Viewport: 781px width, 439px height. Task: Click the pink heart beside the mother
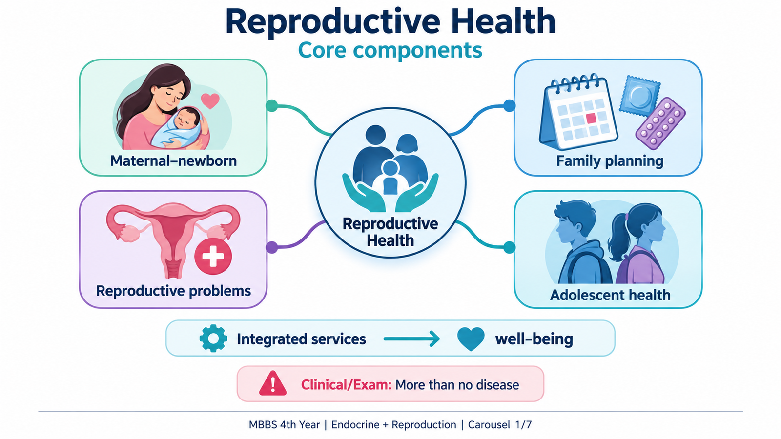point(210,100)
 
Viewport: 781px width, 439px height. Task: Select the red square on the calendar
point(591,118)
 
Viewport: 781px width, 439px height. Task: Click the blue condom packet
point(640,96)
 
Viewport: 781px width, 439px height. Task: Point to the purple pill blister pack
point(660,124)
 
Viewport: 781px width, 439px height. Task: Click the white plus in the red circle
point(213,257)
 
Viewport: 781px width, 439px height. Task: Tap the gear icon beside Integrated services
point(213,339)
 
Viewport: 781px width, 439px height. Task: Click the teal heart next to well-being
point(471,339)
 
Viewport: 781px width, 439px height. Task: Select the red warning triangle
point(273,383)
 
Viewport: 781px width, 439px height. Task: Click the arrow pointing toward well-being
point(411,339)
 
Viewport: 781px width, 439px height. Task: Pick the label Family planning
point(610,161)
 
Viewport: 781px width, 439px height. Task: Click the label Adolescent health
point(610,295)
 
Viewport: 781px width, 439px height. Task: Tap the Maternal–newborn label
point(174,161)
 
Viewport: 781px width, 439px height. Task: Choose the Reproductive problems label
point(174,291)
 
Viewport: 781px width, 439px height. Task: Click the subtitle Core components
point(390,51)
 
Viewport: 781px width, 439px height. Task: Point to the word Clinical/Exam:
point(346,385)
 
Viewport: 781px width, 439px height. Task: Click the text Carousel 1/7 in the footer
point(500,425)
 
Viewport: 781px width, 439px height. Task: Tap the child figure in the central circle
point(390,177)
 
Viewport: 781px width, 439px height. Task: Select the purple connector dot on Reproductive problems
point(272,247)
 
